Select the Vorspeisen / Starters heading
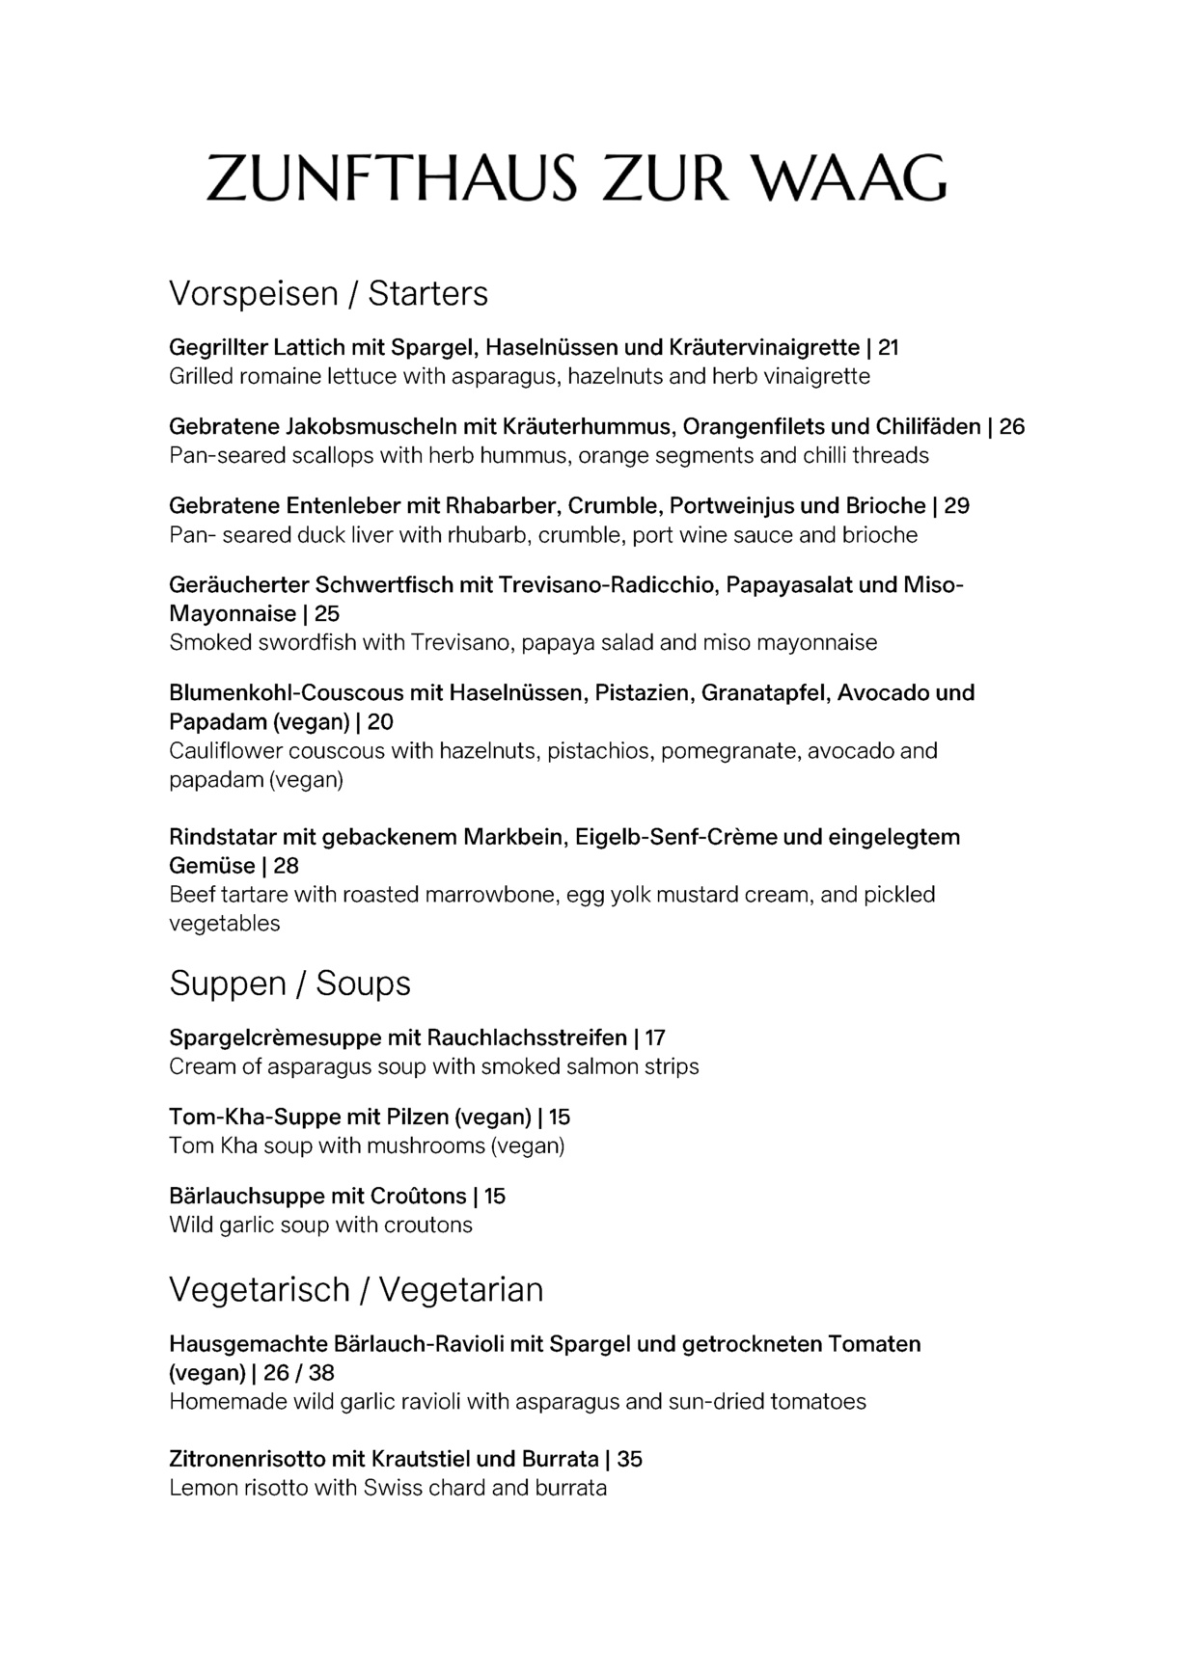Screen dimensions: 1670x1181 tap(328, 293)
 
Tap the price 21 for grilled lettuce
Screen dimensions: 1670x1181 tap(889, 347)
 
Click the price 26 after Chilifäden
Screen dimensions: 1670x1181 tap(1012, 426)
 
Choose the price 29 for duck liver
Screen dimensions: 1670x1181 tap(956, 505)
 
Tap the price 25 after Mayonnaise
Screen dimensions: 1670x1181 tap(327, 613)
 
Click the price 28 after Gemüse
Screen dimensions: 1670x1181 tap(287, 866)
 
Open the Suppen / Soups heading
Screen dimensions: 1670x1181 tap(289, 983)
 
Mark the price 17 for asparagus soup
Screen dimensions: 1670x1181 tap(655, 1037)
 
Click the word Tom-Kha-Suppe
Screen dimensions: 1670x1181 tap(240, 1117)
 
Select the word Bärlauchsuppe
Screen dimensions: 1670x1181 tap(246, 1196)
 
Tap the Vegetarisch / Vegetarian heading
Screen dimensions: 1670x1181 tap(356, 1289)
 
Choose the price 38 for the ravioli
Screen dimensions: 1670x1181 tap(321, 1372)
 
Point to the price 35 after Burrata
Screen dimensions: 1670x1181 tap(630, 1459)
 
